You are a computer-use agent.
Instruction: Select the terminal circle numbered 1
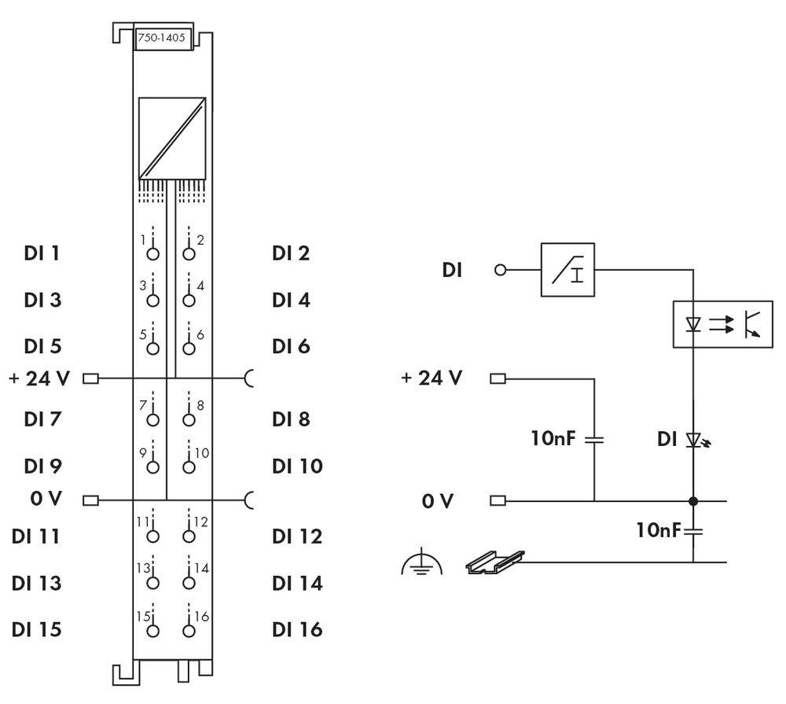click(152, 253)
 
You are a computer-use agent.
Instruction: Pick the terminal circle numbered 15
click(152, 629)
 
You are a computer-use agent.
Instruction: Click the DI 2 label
click(291, 253)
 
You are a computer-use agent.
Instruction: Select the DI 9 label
click(44, 466)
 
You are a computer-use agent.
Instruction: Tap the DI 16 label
click(297, 629)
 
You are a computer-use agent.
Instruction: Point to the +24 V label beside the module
click(39, 378)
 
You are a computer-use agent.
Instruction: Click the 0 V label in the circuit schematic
click(437, 500)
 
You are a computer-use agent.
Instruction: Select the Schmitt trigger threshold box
click(567, 270)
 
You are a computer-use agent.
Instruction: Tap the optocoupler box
click(722, 323)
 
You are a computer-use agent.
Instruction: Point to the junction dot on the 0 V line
click(693, 500)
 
